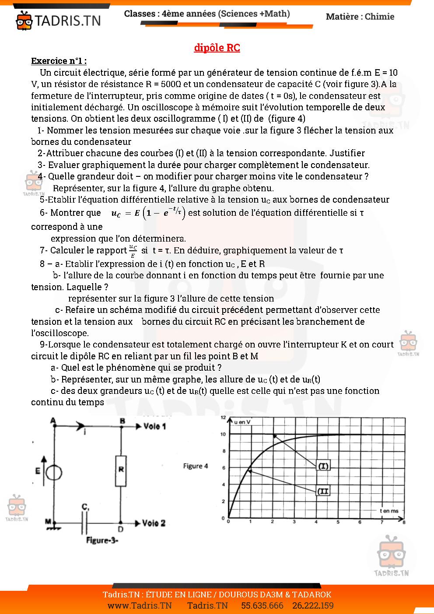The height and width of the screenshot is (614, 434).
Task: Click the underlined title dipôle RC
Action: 217,48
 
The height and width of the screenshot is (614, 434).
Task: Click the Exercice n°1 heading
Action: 59,61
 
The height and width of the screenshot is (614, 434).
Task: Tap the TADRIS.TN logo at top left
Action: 58,20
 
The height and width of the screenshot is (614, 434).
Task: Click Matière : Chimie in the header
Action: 360,17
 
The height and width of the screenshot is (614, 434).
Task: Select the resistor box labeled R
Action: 121,471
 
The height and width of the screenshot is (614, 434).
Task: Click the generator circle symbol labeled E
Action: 54,472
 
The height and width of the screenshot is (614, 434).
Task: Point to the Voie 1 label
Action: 154,426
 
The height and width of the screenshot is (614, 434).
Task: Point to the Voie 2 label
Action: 154,523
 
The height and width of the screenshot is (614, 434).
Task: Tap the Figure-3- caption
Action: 102,540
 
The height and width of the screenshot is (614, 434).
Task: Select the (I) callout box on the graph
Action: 323,466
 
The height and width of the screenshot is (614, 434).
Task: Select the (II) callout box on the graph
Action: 323,491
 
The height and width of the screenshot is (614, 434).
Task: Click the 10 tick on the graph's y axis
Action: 223,434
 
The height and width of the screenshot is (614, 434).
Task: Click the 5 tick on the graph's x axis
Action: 338,522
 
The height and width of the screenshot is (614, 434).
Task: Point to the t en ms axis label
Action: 389,510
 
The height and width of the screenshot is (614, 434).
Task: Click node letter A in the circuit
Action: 53,421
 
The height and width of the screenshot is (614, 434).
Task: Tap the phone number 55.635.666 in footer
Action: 262,606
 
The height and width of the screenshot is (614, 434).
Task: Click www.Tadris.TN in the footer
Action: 140,606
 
